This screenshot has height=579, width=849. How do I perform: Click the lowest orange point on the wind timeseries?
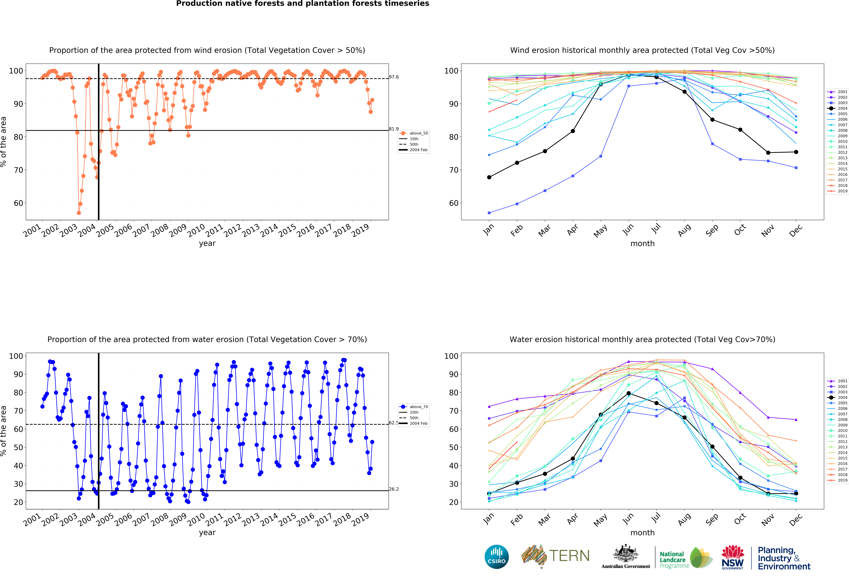point(79,213)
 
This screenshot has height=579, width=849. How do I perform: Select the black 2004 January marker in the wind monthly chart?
point(489,177)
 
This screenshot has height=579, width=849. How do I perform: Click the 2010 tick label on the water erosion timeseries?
point(196,519)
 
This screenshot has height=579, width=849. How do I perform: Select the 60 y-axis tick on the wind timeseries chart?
point(18,203)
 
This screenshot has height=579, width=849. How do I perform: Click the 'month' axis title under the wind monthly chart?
point(642,243)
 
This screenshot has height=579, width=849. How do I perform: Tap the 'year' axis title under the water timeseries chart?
point(207,533)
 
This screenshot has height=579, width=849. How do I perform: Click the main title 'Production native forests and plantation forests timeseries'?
point(302,4)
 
